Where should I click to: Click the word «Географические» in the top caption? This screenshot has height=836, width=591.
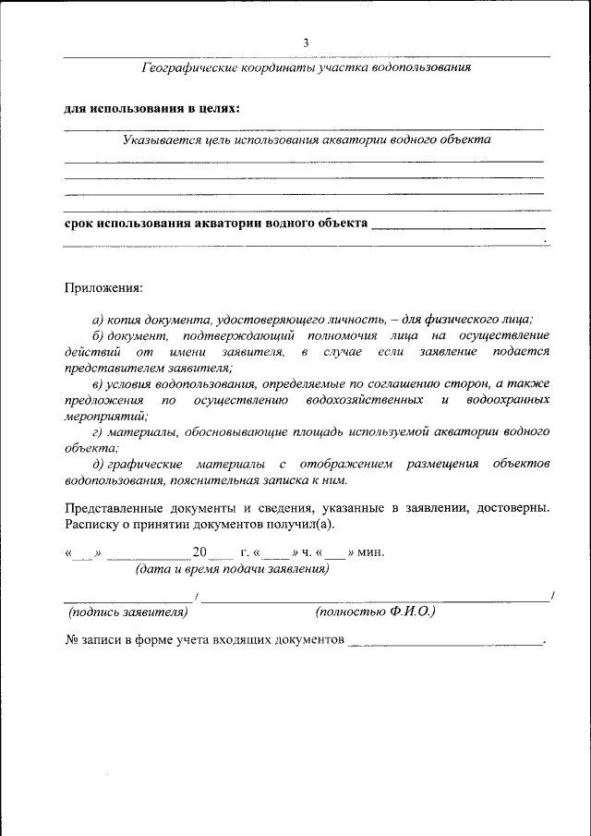click(x=189, y=67)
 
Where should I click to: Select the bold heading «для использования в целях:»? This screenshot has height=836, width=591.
click(x=152, y=108)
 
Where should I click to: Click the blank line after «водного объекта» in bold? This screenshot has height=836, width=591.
click(x=458, y=224)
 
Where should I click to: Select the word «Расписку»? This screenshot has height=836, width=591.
click(x=93, y=524)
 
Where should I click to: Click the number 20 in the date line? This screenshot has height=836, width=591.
click(x=199, y=553)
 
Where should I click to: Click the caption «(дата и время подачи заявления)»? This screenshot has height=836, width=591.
click(x=232, y=569)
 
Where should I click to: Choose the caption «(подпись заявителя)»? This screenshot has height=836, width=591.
click(x=128, y=612)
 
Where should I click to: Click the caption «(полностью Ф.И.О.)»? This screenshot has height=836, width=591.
click(x=376, y=612)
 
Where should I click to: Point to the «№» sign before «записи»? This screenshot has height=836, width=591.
click(x=71, y=639)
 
